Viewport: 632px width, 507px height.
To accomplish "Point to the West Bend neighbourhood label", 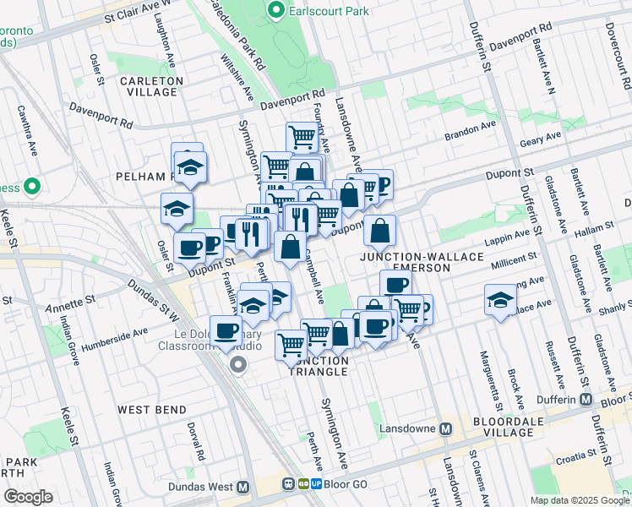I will [x=152, y=410].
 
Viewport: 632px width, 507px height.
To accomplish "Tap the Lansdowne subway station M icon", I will [x=446, y=428].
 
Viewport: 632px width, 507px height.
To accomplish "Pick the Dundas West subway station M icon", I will [x=243, y=487].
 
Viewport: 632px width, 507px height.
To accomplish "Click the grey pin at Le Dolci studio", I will [x=238, y=364].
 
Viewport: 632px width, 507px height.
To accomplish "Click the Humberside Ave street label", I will [x=112, y=335].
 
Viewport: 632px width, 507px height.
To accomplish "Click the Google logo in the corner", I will [x=28, y=497].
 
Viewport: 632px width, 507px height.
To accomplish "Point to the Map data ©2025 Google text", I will [x=579, y=500].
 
